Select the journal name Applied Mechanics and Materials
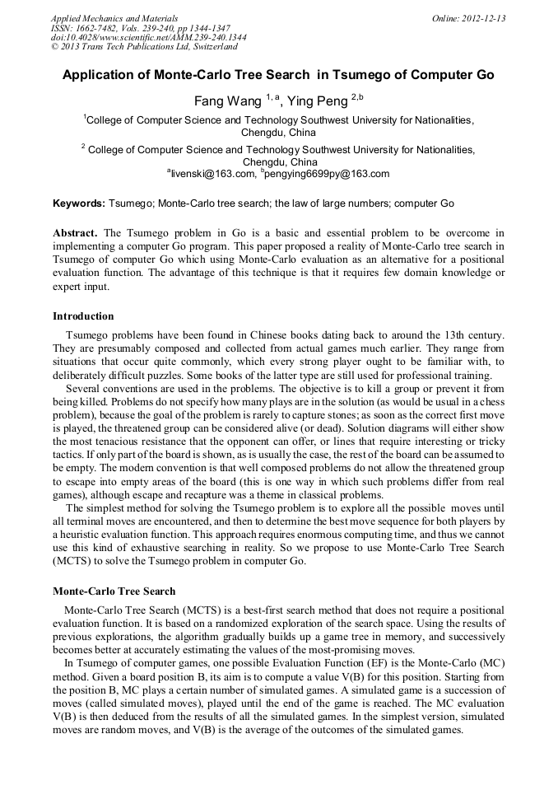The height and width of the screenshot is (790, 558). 114,18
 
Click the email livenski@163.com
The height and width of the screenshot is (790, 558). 212,174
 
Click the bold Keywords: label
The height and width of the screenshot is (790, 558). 79,203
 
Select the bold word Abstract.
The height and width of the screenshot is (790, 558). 76,233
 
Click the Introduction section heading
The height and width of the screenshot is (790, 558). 83,316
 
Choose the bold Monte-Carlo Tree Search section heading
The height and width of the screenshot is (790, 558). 114,591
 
